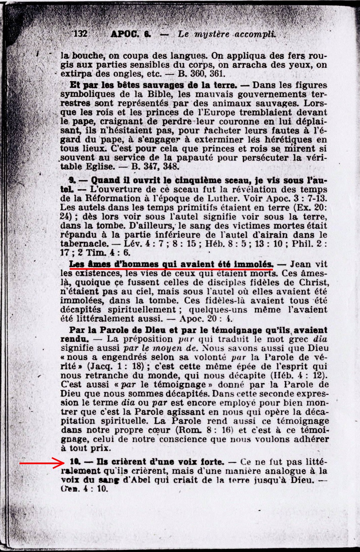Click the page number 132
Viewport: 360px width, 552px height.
point(80,34)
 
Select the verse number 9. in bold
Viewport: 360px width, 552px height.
point(72,181)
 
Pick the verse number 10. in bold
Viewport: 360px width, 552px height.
point(75,462)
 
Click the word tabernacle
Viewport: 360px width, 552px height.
point(84,244)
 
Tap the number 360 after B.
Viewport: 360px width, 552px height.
point(197,74)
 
